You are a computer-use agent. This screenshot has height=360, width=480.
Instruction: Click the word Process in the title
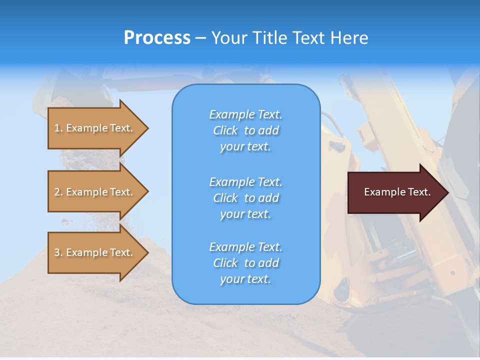click(157, 38)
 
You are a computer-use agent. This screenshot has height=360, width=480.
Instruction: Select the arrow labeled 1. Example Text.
click(95, 128)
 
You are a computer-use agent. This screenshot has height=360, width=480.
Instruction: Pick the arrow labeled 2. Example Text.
click(95, 192)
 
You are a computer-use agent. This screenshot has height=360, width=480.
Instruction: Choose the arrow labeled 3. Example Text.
click(95, 252)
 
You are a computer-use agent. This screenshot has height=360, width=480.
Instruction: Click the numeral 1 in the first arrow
click(57, 128)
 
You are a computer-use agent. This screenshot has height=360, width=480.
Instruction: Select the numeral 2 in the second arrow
click(57, 192)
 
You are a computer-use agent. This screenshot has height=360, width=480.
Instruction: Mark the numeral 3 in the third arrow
click(57, 252)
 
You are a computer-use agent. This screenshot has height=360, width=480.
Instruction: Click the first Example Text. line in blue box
click(245, 114)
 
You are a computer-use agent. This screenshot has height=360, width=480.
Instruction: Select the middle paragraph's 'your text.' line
click(245, 214)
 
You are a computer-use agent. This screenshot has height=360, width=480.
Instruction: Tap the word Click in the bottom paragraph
click(225, 263)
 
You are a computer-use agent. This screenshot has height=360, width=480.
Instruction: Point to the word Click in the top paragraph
click(225, 130)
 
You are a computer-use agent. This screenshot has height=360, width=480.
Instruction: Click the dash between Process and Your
click(201, 38)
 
